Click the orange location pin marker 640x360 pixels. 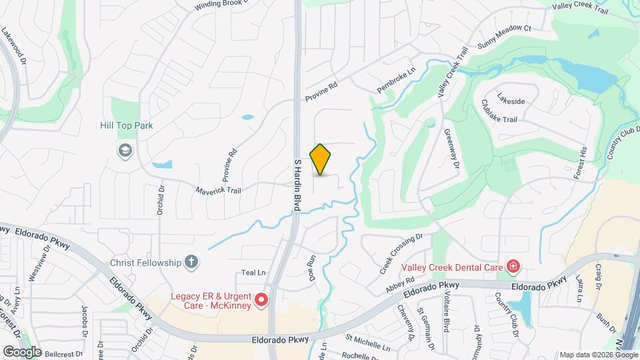[321, 159]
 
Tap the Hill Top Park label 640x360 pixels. [127, 125]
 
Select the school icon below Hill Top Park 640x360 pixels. [125, 151]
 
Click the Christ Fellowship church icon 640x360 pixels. [191, 262]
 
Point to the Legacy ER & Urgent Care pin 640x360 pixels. [261, 301]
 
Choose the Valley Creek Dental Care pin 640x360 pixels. [513, 267]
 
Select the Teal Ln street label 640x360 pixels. [253, 273]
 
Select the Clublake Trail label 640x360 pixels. [499, 111]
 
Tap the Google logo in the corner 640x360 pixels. [22, 351]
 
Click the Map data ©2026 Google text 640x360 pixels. [598, 355]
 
